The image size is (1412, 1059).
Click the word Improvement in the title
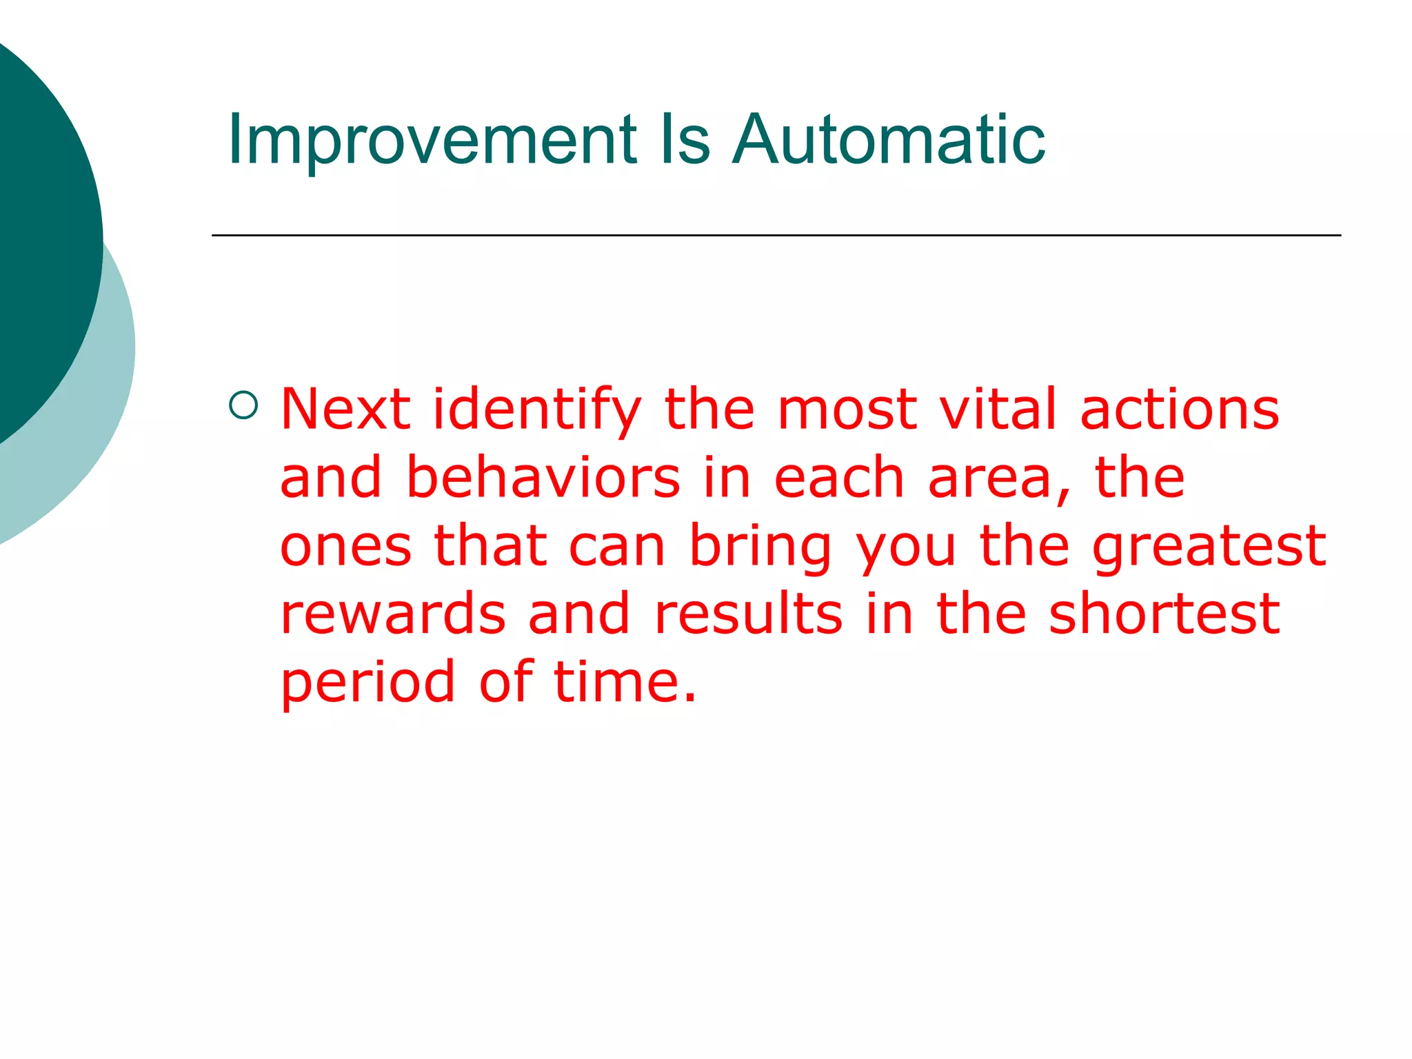432,140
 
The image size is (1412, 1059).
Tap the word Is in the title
684,140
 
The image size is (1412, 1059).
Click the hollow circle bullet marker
243,405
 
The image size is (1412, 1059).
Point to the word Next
345,409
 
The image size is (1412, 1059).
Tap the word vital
998,409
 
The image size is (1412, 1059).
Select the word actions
1179,409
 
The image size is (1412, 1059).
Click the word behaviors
543,477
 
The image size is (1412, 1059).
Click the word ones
345,545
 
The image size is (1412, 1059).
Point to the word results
748,613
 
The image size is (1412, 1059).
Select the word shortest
1163,613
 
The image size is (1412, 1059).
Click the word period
367,683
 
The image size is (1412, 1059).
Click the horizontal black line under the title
776,235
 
